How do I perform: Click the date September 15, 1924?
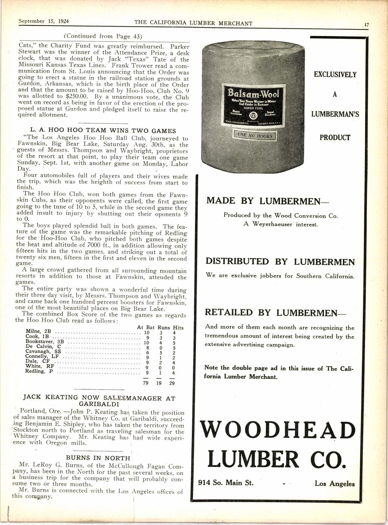[x=44, y=21]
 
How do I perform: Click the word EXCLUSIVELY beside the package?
[x=335, y=75]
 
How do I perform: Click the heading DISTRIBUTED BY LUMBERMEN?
[x=280, y=262]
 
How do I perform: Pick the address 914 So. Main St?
[x=226, y=483]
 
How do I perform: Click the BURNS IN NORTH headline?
[x=98, y=458]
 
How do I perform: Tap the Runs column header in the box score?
[x=164, y=328]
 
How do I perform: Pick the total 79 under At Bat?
[x=146, y=383]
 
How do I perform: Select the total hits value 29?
[x=172, y=383]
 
